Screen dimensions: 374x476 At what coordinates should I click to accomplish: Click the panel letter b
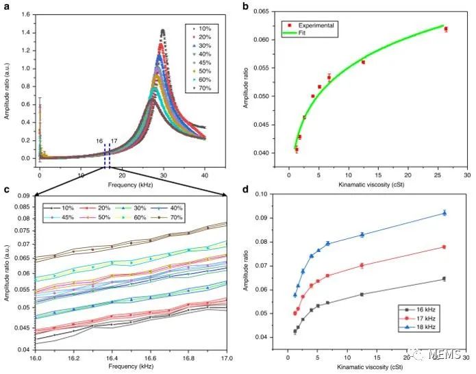click(246, 6)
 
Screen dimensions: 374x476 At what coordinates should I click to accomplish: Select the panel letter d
click(246, 189)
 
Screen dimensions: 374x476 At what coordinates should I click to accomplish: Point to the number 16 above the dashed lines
click(101, 141)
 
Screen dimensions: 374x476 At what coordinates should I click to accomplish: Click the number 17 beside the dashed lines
click(114, 141)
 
